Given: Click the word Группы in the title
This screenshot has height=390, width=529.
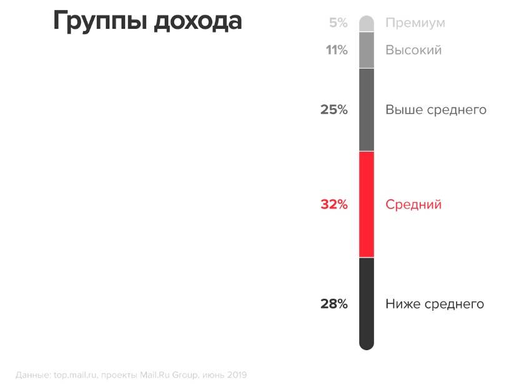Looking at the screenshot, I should pos(101,22).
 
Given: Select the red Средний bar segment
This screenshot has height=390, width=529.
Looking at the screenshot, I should pos(367,204).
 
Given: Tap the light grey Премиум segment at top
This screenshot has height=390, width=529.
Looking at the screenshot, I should pos(367,24).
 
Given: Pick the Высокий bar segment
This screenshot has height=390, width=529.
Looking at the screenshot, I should pos(367,50).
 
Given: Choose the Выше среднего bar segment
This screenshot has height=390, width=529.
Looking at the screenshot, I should pos(367,110).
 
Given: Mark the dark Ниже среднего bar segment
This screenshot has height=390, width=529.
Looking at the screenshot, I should pos(367,303).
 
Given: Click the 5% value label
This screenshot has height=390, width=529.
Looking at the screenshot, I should pos(338,23).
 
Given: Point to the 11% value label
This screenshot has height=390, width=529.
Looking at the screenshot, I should pos(337,50).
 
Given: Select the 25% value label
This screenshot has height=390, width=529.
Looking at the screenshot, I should pos(334,110).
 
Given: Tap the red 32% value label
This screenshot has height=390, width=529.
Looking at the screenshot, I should pos(334,204).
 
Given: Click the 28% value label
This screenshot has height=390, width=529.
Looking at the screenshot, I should pos(334,304).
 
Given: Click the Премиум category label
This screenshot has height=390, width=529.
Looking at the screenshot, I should pos(415,23).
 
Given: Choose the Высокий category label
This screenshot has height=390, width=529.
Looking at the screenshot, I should pos(413,50).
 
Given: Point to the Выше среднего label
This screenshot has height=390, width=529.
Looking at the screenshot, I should pos(436,110).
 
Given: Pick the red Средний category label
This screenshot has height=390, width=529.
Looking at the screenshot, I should pos(413,204).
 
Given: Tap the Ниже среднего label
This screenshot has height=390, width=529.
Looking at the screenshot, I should pos(435,304).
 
